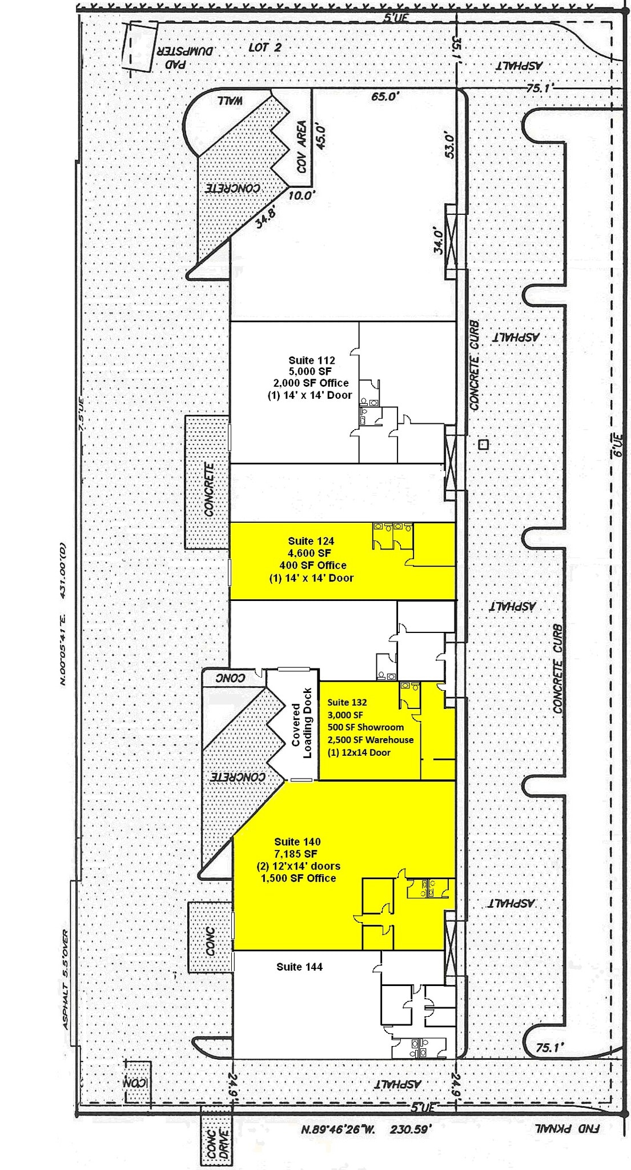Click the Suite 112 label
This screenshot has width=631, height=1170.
(311, 360)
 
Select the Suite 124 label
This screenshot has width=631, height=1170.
(311, 541)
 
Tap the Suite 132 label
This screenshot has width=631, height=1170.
(347, 702)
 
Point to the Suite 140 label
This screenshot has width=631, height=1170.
(297, 842)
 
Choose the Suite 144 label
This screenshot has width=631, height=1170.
(299, 967)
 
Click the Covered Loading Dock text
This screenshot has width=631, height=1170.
(302, 723)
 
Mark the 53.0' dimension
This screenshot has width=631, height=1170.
(449, 146)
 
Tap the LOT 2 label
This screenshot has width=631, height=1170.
(265, 47)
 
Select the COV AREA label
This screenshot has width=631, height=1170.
(302, 147)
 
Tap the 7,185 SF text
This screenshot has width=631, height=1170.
(295, 854)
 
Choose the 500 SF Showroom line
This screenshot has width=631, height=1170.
(365, 727)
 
